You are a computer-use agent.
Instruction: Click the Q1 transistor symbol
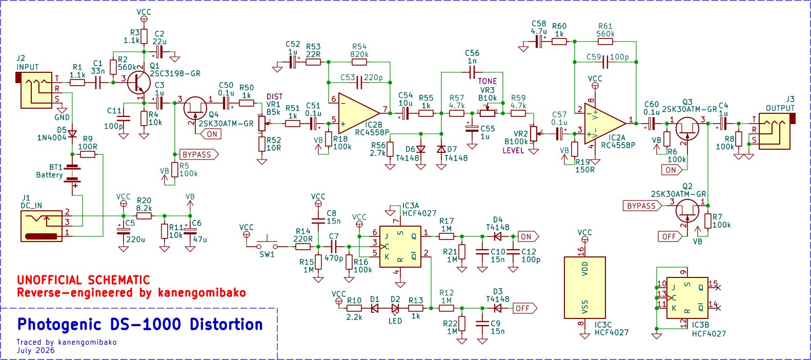click(x=139, y=83)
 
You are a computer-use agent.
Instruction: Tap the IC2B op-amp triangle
click(x=359, y=113)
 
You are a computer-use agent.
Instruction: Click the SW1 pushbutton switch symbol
click(x=267, y=244)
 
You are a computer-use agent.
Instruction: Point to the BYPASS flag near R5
click(x=199, y=155)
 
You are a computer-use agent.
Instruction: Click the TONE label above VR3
click(x=488, y=81)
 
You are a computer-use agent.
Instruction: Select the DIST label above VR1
click(x=274, y=97)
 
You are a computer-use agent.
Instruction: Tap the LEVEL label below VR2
click(x=513, y=151)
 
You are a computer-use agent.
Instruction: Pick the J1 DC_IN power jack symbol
click(x=42, y=226)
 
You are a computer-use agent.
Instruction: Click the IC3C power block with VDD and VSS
click(x=585, y=288)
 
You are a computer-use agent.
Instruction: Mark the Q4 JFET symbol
click(x=195, y=108)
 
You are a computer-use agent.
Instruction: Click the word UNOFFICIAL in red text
click(x=50, y=281)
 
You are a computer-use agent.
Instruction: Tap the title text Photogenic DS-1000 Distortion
click(x=140, y=324)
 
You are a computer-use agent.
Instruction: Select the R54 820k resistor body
click(x=359, y=62)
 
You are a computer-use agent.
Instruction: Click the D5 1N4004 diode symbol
click(x=72, y=134)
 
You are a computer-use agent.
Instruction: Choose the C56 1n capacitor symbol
click(x=472, y=72)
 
